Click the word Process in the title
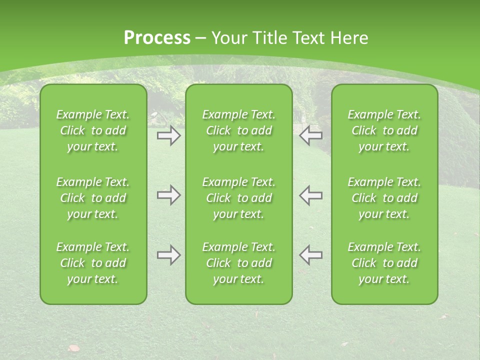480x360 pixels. click(157, 38)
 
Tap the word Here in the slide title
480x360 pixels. click(349, 38)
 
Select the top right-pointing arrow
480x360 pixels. click(168, 135)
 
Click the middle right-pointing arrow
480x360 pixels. click(168, 195)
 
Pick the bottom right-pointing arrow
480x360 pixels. click(168, 255)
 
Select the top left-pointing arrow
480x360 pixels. click(310, 135)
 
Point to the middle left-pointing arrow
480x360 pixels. click(310, 195)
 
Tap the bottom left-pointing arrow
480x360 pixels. click(310, 255)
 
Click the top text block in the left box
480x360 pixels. click(93, 130)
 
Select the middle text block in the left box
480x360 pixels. click(93, 198)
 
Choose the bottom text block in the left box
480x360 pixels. click(93, 263)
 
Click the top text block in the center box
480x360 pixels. click(238, 130)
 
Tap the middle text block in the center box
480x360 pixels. click(238, 198)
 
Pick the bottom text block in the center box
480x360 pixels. click(238, 263)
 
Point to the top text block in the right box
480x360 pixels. click(384, 130)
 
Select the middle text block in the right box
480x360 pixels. click(384, 198)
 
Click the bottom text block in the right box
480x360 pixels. click(384, 263)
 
